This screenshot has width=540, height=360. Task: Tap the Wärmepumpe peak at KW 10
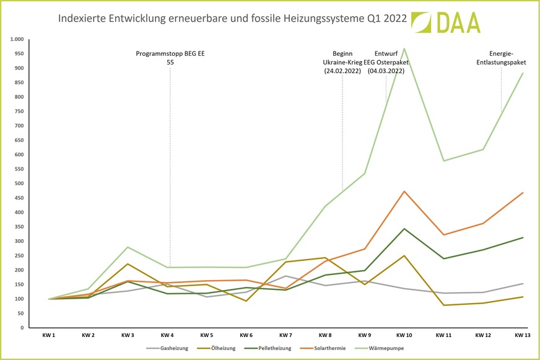pos(404,48)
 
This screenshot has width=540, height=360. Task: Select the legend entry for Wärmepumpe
pos(384,348)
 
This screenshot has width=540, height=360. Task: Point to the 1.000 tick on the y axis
pos(17,39)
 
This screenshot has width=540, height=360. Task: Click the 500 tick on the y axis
pos(19,183)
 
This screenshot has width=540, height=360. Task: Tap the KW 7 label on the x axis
pos(285,335)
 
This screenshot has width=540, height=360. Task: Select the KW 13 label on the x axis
pos(523,335)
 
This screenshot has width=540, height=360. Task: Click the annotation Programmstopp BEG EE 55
pos(170,58)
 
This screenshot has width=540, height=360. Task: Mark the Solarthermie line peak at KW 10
pos(404,191)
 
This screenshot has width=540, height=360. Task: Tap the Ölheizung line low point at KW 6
pos(246,301)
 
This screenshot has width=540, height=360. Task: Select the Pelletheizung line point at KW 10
pos(404,229)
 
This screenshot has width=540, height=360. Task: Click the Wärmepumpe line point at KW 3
pos(128,247)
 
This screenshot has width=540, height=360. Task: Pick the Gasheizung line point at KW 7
pos(285,276)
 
